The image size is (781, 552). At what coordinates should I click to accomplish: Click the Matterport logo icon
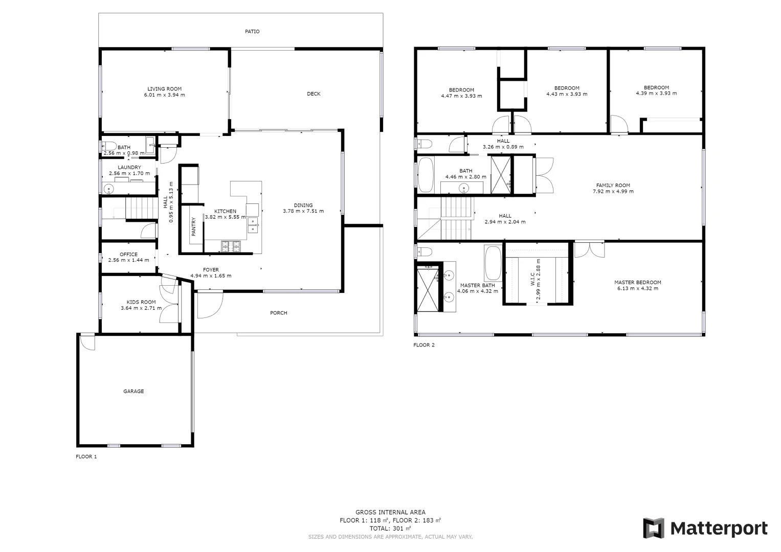(653, 528)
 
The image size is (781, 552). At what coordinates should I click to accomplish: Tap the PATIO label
(252, 32)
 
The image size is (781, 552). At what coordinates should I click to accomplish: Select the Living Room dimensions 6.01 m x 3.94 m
(164, 95)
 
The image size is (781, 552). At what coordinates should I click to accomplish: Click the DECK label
(314, 94)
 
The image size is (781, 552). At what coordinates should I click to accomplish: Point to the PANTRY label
(194, 226)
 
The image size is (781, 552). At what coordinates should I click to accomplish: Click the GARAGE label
(133, 392)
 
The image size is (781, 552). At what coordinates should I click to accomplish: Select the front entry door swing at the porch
(210, 304)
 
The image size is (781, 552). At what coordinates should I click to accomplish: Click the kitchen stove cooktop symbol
(230, 246)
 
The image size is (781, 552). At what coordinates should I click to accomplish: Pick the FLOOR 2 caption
(423, 345)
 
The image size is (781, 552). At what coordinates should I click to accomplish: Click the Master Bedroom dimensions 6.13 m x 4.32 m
(637, 289)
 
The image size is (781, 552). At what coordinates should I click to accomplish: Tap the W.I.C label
(532, 279)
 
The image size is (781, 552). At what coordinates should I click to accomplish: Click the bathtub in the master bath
(493, 263)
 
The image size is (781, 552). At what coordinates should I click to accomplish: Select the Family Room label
(613, 186)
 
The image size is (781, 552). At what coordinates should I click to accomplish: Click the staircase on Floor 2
(456, 218)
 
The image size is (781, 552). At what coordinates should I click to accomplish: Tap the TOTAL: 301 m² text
(390, 528)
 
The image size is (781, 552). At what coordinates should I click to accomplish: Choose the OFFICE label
(128, 255)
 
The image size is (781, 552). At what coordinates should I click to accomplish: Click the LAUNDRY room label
(129, 168)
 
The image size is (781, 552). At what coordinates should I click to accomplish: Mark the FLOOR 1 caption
(86, 457)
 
